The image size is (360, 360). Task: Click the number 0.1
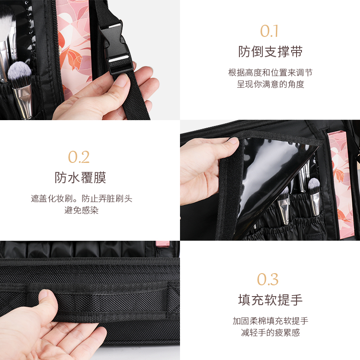coord(270,31)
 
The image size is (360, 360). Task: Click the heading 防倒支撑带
coord(270,52)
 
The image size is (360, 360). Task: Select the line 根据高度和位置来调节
coord(270,72)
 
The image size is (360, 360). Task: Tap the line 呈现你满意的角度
coord(270,84)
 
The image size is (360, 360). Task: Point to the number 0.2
coord(79,157)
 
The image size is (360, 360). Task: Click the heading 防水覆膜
coord(80,178)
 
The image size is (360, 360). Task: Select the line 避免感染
coord(81,210)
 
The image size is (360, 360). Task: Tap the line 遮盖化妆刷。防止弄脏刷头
coord(81,198)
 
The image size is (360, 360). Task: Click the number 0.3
coord(268,279)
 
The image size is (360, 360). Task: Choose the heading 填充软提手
coord(270,300)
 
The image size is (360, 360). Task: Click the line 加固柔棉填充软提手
coord(270,321)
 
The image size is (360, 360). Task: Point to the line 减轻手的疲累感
coord(270,333)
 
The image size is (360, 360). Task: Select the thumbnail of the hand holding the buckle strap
coord(90,60)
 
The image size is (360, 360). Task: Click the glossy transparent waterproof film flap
coord(270,175)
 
